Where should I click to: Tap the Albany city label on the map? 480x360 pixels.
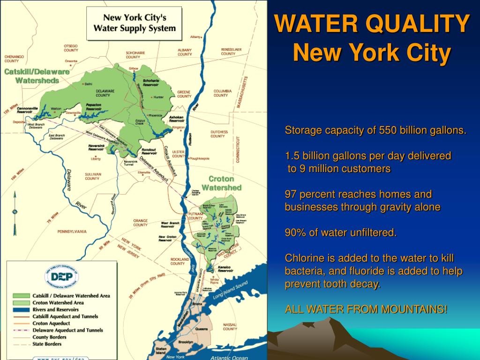coord(195,37)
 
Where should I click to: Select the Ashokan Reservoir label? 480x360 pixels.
coord(176,119)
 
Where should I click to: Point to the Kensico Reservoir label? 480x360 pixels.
coord(225,269)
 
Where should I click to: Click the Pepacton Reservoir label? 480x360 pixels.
coord(94,107)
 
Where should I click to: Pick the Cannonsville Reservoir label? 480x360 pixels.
coord(27,110)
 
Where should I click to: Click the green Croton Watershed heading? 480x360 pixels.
coord(225,183)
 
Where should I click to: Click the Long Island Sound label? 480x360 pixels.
coord(230,291)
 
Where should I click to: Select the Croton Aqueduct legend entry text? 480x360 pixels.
coord(51,323)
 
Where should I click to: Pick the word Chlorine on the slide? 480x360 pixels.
coord(301,258)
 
